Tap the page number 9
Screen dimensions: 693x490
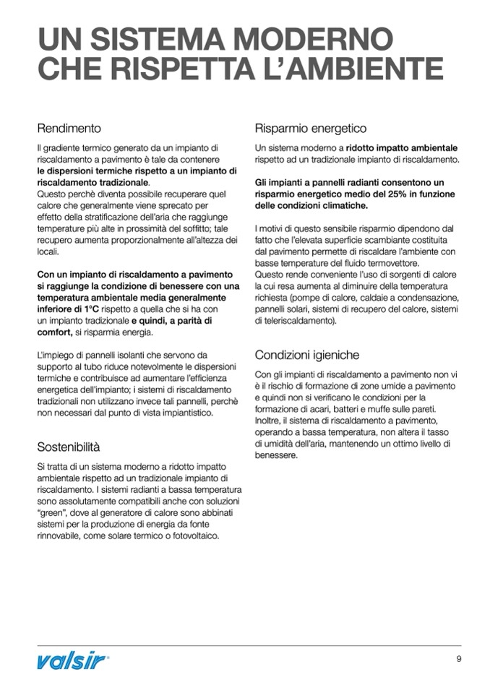(x=458, y=658)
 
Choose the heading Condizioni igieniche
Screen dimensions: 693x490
(x=306, y=356)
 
